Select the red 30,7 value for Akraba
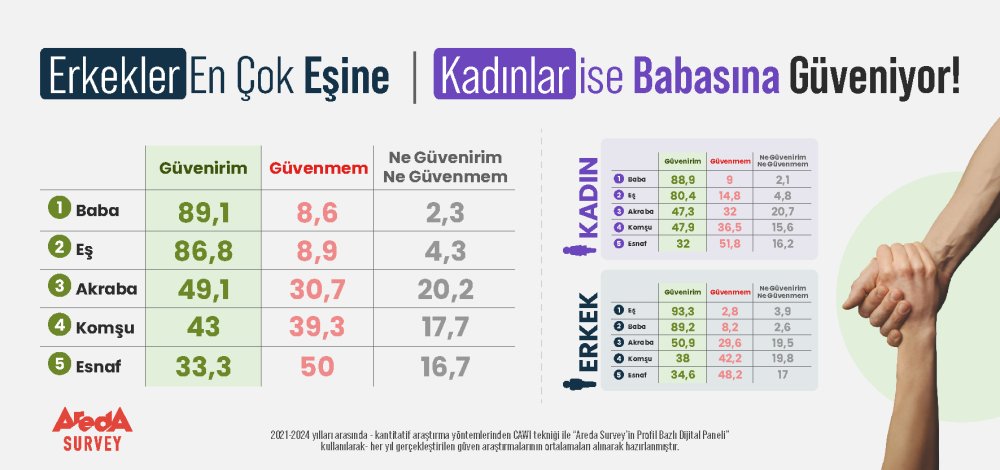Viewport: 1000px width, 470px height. click(x=312, y=289)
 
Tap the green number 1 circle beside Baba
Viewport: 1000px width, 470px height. click(x=58, y=210)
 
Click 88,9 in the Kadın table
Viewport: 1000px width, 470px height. click(x=685, y=179)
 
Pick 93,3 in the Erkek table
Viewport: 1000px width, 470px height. click(x=685, y=311)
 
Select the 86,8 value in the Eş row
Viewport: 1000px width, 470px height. click(x=203, y=250)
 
